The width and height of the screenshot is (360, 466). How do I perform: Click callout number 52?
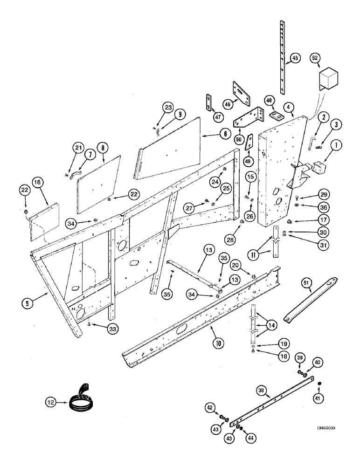[315, 59]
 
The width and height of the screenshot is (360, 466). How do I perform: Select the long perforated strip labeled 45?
[283, 51]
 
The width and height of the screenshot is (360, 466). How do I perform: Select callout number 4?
[290, 107]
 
